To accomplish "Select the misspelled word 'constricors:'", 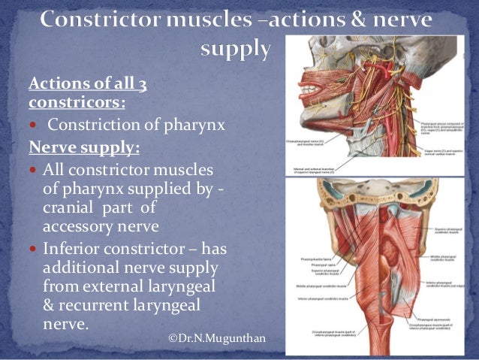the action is pos(77,101).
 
